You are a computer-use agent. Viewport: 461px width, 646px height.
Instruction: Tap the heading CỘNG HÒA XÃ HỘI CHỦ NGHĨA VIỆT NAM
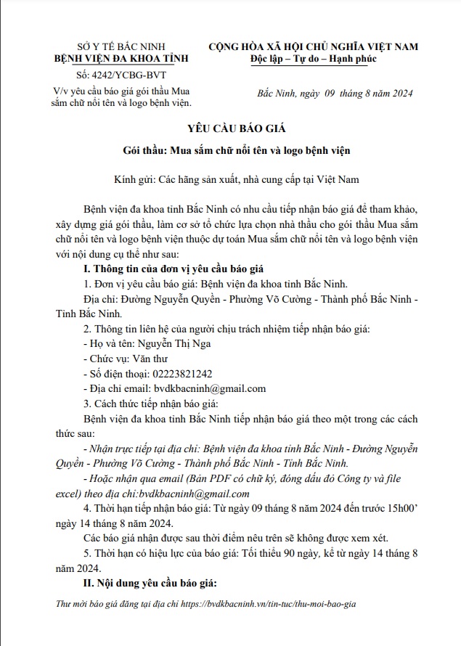(x=313, y=46)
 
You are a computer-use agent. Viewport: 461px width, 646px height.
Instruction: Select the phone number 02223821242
(x=181, y=373)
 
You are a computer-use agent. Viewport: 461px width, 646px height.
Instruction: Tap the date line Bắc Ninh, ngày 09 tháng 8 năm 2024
(x=335, y=95)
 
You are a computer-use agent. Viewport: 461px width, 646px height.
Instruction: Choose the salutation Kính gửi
(x=134, y=179)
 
